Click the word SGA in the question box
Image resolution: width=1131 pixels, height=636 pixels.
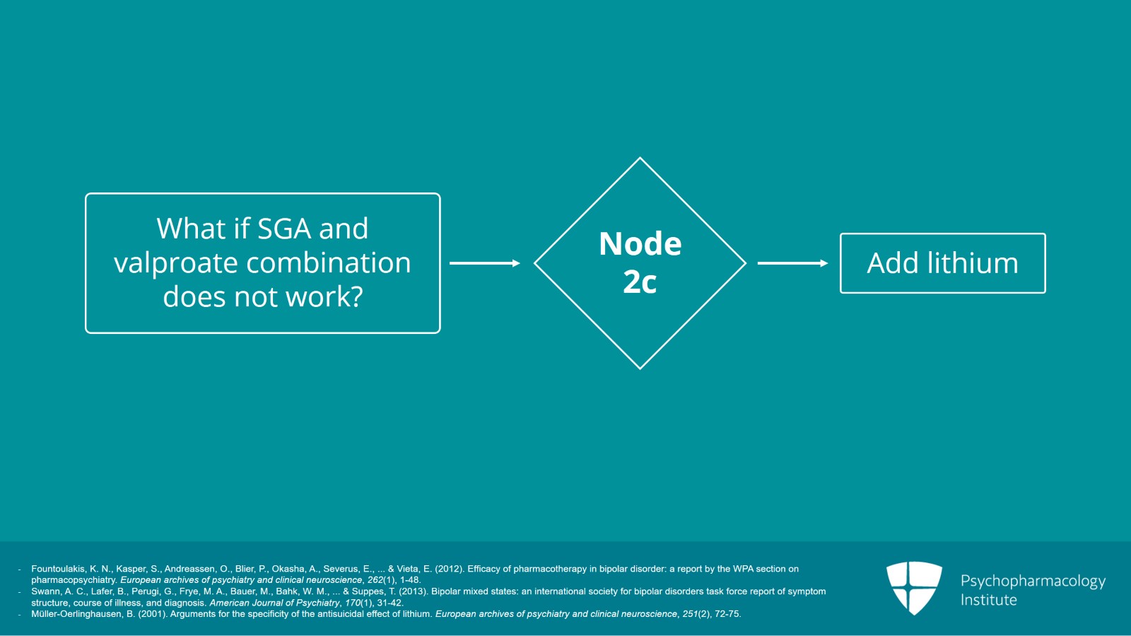(x=284, y=229)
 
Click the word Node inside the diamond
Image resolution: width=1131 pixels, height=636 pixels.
(x=640, y=244)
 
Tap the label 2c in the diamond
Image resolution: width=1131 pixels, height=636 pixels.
(x=640, y=282)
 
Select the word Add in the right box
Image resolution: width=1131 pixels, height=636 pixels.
(x=892, y=263)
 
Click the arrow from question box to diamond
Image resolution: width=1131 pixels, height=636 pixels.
(x=485, y=263)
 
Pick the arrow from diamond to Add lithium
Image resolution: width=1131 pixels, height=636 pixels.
(x=792, y=263)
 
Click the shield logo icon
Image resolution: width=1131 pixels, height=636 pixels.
(x=914, y=587)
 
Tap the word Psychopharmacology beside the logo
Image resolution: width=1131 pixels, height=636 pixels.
(x=1033, y=581)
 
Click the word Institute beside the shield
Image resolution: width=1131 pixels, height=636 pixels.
(x=988, y=600)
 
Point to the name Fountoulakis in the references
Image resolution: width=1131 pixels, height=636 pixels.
(x=59, y=569)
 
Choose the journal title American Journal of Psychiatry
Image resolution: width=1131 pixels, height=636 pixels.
(x=274, y=603)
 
